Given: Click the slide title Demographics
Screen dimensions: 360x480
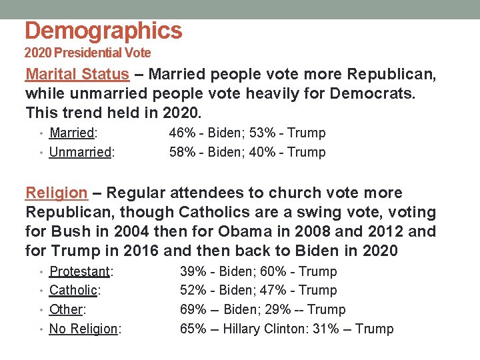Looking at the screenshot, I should [103, 31].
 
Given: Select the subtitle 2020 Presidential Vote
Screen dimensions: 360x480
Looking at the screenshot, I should [88, 53].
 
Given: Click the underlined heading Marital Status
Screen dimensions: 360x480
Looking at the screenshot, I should [77, 74].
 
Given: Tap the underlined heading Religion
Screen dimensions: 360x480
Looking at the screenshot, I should [57, 193].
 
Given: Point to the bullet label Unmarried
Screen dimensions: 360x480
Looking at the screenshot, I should [80, 152].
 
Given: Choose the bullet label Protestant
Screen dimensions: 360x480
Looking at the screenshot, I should [79, 271].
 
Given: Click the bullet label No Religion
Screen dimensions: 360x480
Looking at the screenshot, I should [83, 329].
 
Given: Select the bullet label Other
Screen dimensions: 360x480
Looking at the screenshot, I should [65, 309].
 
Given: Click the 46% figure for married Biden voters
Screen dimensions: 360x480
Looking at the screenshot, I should [182, 133].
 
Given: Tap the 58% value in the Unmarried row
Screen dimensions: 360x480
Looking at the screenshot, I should [182, 152].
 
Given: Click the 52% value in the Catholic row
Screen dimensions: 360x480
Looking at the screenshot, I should [193, 290].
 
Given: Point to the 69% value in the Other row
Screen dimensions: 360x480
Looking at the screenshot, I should [193, 309].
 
